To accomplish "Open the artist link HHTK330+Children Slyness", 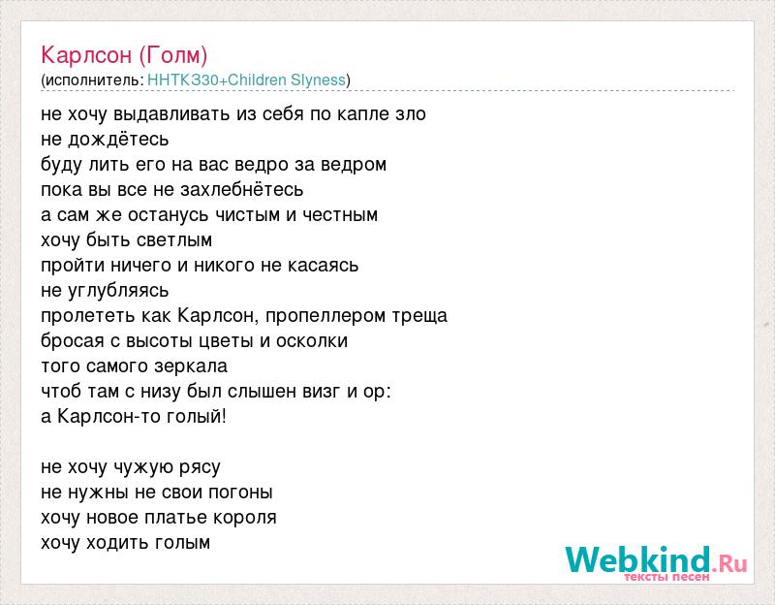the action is click(x=247, y=80).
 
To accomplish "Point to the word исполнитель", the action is click(x=93, y=80).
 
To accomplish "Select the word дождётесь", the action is click(x=118, y=140).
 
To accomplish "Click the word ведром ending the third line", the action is click(x=354, y=165).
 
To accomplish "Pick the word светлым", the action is click(x=174, y=240).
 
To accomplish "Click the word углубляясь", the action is click(x=118, y=291).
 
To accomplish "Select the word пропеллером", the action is click(x=326, y=316).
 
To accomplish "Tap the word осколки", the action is click(x=312, y=341).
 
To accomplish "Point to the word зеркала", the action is click(x=191, y=366).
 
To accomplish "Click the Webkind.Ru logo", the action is click(x=656, y=561).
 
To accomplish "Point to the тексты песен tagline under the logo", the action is click(x=666, y=577).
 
